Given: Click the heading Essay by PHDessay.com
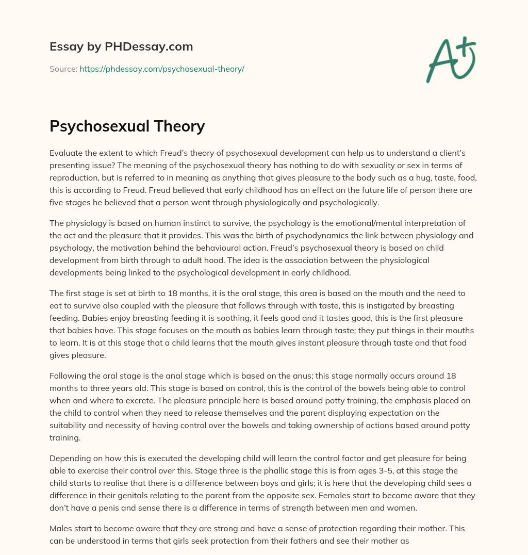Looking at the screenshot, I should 121,47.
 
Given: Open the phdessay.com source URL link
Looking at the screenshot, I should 161,69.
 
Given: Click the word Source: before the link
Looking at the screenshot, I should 63,69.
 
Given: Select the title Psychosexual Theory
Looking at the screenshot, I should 127,126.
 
